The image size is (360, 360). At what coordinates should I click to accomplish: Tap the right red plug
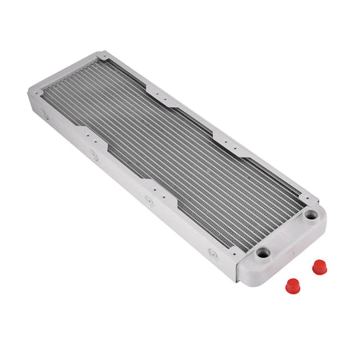click(320, 266)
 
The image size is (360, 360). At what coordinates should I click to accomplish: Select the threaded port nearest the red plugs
click(262, 253)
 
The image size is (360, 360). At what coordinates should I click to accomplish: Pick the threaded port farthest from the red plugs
click(310, 214)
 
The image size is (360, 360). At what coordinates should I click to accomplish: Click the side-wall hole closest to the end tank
click(212, 254)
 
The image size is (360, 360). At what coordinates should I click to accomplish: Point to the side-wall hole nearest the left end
click(46, 116)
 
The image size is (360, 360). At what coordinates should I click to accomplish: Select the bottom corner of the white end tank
click(237, 282)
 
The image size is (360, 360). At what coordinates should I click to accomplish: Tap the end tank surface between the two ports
click(286, 234)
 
